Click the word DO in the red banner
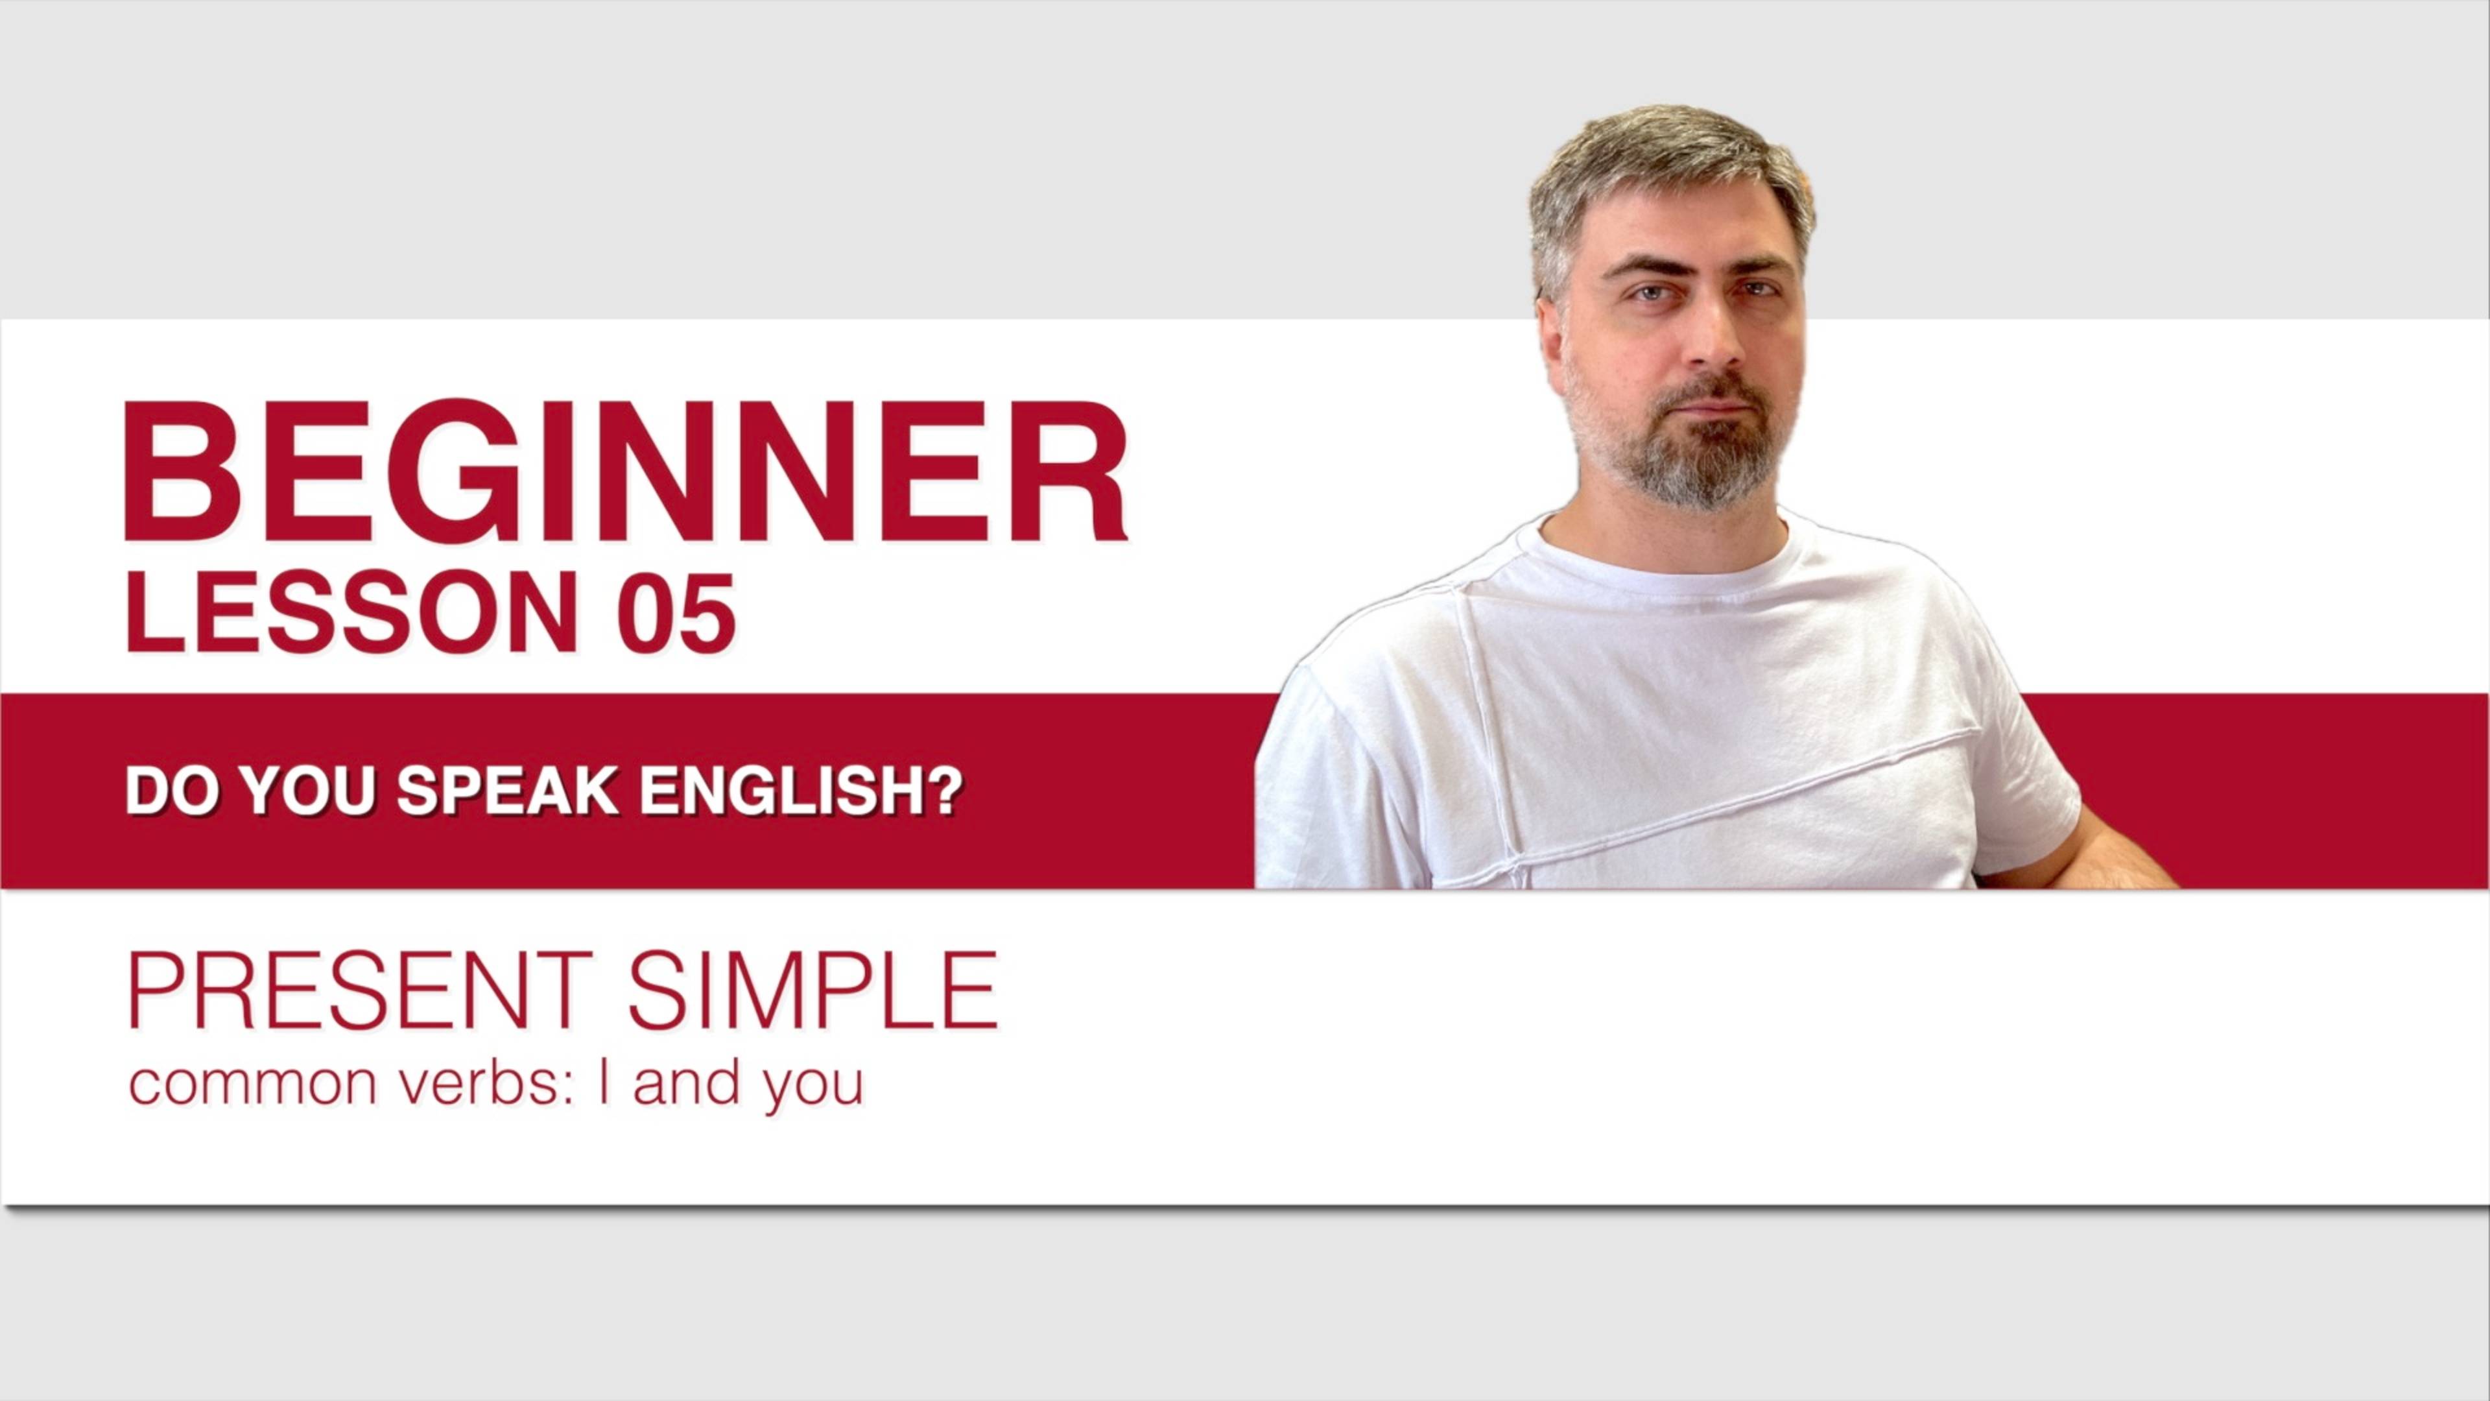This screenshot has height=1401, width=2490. [169, 791]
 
